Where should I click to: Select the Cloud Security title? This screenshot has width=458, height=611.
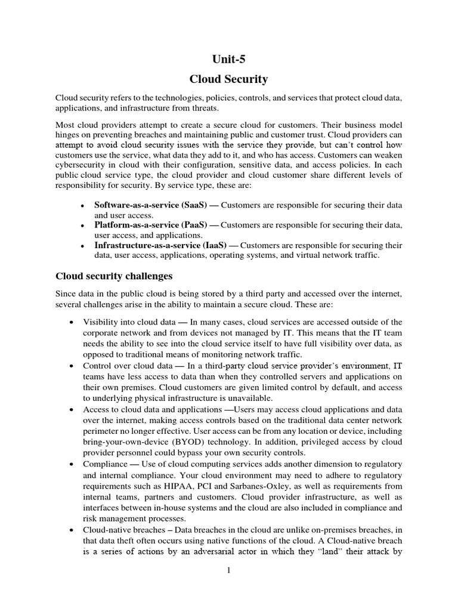click(229, 79)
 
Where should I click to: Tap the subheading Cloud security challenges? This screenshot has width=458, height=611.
click(114, 276)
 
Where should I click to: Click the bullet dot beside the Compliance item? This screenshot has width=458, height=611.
click(72, 464)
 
